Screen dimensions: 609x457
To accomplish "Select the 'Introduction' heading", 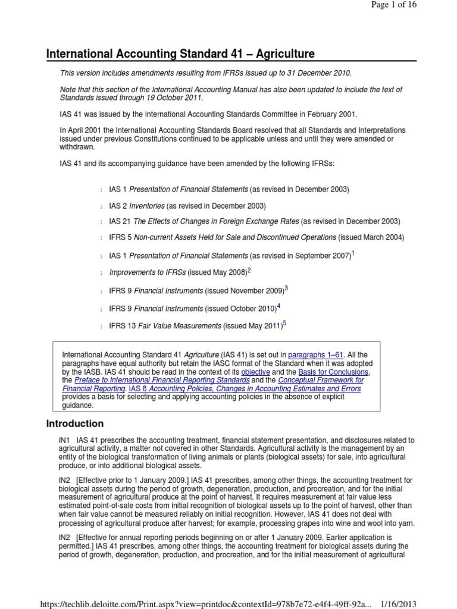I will pyautogui.click(x=75, y=423).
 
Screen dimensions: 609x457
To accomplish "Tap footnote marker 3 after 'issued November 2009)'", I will pyautogui.click(x=286, y=288).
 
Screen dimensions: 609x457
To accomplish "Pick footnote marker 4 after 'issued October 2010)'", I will pyautogui.click(x=278, y=307).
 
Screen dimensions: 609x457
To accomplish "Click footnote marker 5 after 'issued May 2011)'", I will pyautogui.click(x=284, y=324).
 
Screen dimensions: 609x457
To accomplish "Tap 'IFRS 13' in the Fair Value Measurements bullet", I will pyautogui.click(x=123, y=327).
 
